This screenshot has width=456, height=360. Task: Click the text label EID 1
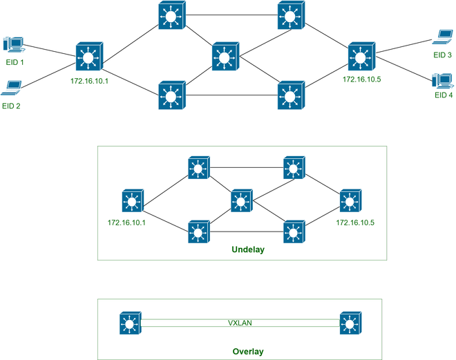click(x=13, y=63)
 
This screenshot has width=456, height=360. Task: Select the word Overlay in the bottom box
click(x=247, y=351)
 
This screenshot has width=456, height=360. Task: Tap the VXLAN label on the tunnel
click(x=240, y=323)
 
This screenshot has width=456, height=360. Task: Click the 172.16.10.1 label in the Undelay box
click(x=129, y=223)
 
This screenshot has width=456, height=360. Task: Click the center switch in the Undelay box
click(x=240, y=201)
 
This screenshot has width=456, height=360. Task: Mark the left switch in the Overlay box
click(x=129, y=323)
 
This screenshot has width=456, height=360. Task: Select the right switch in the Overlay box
click(x=350, y=323)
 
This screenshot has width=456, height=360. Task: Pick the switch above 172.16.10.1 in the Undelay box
click(x=129, y=201)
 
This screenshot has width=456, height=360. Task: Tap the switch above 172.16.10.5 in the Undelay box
click(x=350, y=201)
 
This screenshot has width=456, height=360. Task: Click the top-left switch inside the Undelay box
click(x=198, y=167)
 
